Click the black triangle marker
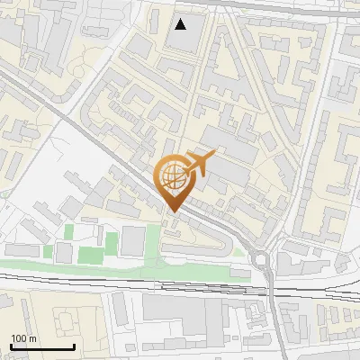point(182,24)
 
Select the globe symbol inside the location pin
point(171,175)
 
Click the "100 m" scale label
point(24,338)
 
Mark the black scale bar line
point(42,346)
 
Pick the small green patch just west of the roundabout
point(238,253)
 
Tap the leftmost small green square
point(69,232)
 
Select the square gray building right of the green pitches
point(132,239)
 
